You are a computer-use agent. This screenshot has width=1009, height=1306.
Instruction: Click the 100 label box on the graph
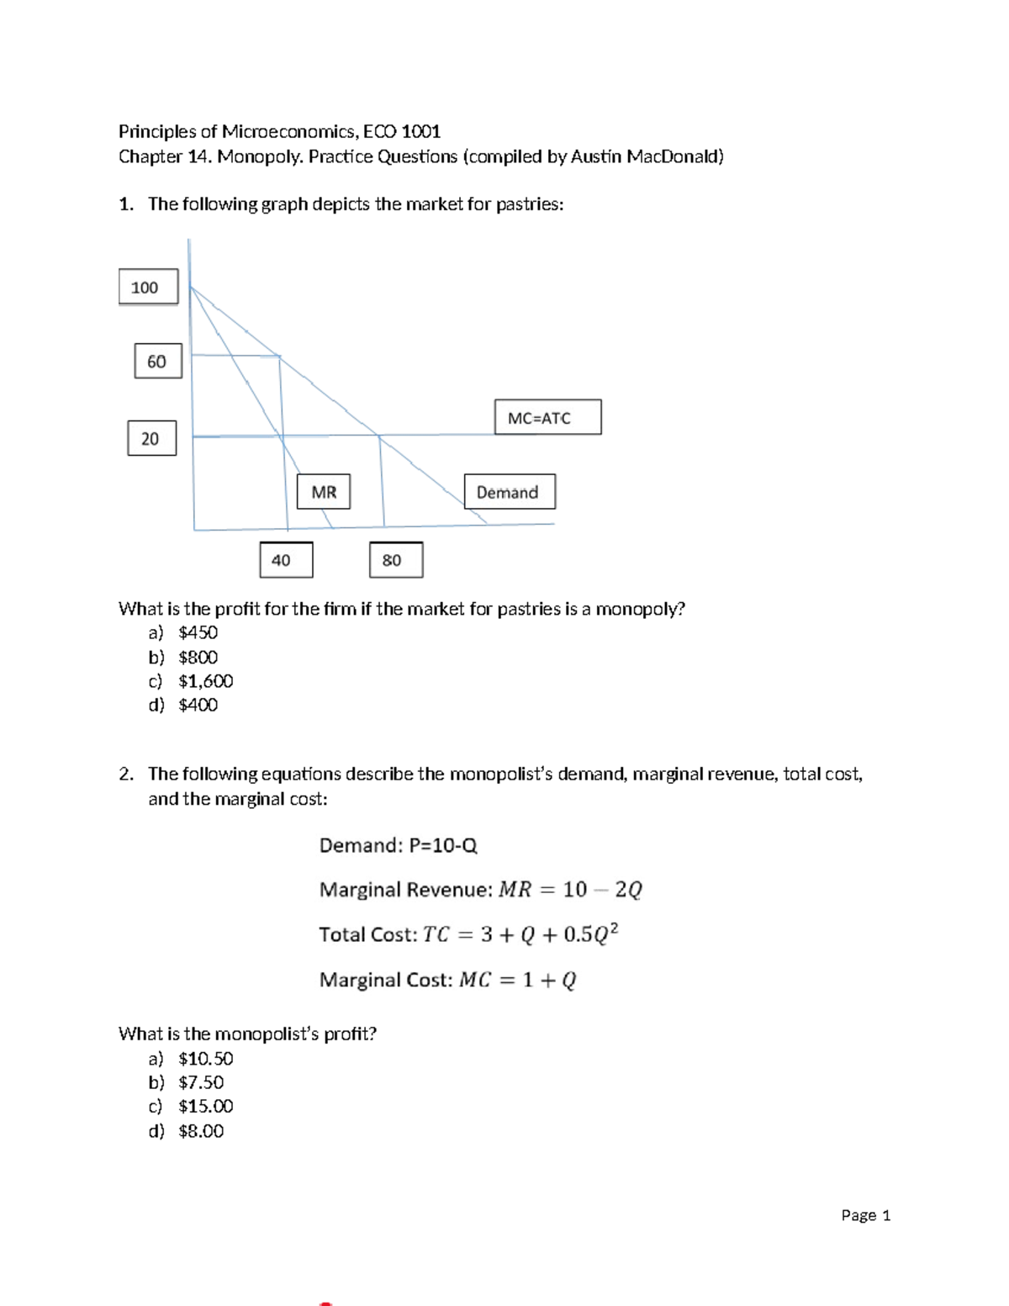[x=148, y=287]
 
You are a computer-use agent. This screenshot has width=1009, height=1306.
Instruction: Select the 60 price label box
[x=157, y=361]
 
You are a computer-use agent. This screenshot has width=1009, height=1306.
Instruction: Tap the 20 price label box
[x=151, y=438]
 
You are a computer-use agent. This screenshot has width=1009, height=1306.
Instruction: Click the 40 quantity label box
[x=286, y=560]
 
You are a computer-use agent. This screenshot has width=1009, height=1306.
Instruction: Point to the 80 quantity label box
[x=395, y=560]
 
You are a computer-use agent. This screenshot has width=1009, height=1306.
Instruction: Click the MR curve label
[x=323, y=492]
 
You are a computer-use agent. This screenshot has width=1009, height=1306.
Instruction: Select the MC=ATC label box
[x=547, y=417]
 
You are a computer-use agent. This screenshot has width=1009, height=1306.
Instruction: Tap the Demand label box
[x=509, y=492]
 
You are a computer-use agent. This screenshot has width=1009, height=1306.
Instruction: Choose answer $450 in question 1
[x=198, y=632]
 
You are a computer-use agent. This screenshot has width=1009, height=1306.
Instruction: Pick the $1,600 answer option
[x=205, y=681]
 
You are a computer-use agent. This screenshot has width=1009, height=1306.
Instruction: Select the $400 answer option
[x=198, y=705]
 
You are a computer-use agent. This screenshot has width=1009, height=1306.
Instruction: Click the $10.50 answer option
[x=205, y=1058]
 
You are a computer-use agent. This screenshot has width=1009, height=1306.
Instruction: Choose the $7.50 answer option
[x=201, y=1082]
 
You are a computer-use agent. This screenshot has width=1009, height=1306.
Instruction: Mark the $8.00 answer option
[x=201, y=1131]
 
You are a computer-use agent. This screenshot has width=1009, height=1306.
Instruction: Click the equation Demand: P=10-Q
[x=398, y=845]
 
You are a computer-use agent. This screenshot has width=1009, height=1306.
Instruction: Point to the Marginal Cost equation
[x=447, y=980]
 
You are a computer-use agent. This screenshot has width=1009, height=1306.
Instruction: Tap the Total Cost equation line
[x=468, y=934]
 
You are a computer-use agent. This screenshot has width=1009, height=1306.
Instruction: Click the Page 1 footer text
[x=865, y=1215]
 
